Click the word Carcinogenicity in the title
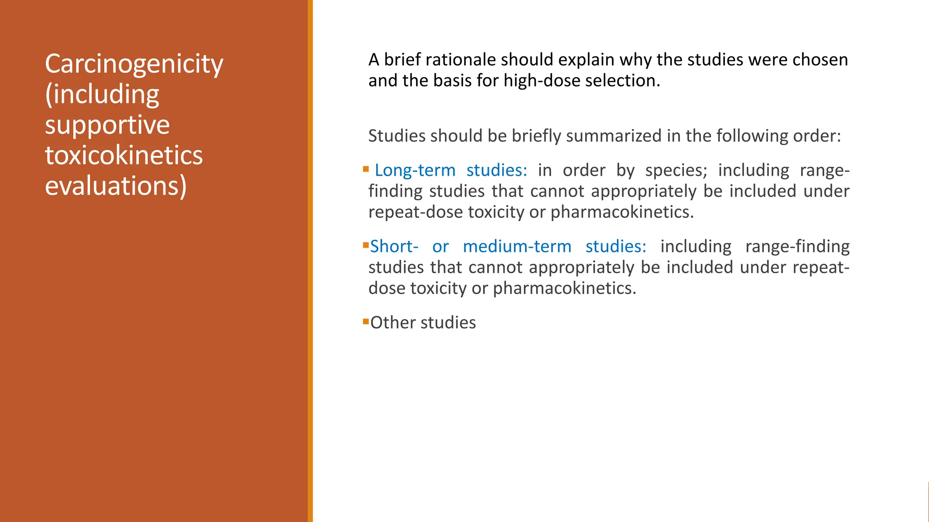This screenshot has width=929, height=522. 134,64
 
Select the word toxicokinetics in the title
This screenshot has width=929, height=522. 123,155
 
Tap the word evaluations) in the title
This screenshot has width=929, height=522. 116,186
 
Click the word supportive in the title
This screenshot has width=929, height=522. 107,125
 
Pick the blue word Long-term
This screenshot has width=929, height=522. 415,170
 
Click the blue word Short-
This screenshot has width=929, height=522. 394,246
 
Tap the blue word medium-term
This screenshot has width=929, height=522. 517,246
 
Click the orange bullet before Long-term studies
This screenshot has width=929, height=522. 366,169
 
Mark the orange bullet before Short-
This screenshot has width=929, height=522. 366,246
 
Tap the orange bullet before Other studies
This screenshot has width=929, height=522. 366,322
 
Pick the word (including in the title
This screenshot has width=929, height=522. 102,94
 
